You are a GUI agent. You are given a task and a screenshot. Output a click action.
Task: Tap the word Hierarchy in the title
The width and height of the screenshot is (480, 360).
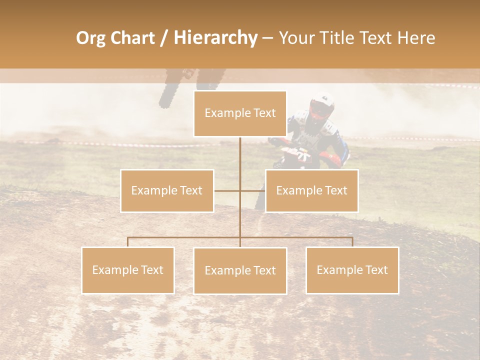(x=215, y=38)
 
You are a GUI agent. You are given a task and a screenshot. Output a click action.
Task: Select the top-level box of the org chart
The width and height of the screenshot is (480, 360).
(x=240, y=113)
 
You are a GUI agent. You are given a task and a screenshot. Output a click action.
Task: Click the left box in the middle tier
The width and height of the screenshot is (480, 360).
(x=167, y=190)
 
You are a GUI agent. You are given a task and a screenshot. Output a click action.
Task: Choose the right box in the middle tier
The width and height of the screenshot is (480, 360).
(x=311, y=190)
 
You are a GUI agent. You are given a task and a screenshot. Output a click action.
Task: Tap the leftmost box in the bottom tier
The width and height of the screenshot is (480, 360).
(x=128, y=270)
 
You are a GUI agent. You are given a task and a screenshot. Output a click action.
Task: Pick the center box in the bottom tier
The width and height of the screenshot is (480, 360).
(x=240, y=270)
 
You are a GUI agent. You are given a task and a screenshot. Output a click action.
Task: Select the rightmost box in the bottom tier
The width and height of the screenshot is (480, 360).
(x=352, y=270)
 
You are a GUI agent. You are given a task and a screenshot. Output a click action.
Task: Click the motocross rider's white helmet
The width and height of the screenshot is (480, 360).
(x=322, y=103)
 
